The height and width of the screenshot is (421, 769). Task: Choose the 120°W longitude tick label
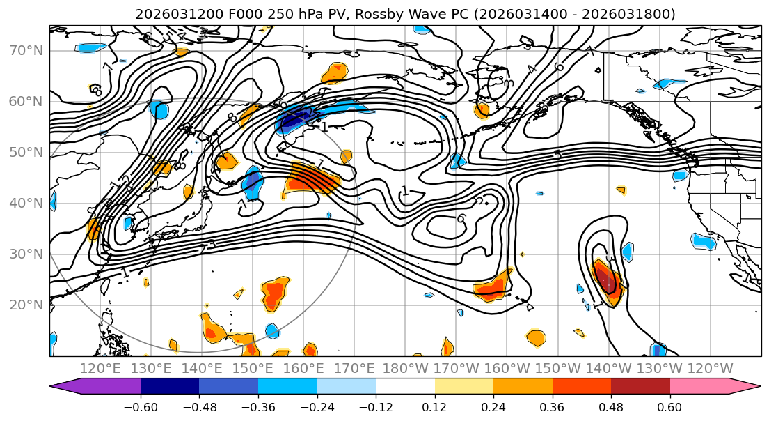click(711, 368)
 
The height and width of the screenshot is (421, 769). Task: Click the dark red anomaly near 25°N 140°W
click(607, 280)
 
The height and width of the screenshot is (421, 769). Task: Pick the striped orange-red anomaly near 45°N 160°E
click(312, 178)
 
